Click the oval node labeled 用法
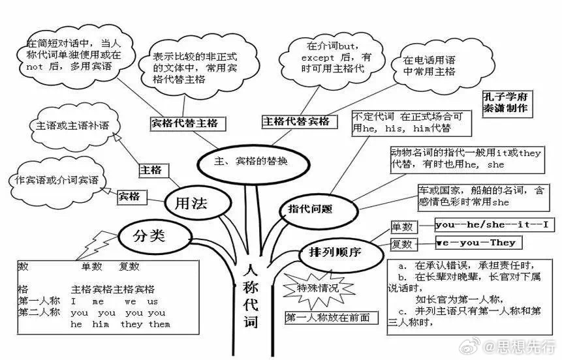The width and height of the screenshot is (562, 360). pyautogui.click(x=198, y=203)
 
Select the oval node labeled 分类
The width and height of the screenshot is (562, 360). pyautogui.click(x=155, y=236)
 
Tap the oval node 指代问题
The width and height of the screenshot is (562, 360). pyautogui.click(x=317, y=209)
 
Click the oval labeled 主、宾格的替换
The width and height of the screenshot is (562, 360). pyautogui.click(x=253, y=164)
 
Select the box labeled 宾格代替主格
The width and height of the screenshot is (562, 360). pyautogui.click(x=188, y=123)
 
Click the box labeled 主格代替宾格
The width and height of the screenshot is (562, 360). pyautogui.click(x=300, y=121)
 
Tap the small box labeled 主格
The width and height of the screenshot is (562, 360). pyautogui.click(x=153, y=170)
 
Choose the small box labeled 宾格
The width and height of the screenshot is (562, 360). pyautogui.click(x=132, y=197)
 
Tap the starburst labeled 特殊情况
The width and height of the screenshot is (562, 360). pyautogui.click(x=319, y=288)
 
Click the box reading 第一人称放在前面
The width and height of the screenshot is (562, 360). pyautogui.click(x=332, y=318)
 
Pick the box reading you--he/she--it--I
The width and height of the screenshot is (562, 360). pyautogui.click(x=495, y=225)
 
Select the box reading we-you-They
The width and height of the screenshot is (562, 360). pyautogui.click(x=479, y=243)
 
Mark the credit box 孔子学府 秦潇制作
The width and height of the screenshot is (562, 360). pyautogui.click(x=507, y=104)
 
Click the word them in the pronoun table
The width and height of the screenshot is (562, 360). pyautogui.click(x=160, y=325)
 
